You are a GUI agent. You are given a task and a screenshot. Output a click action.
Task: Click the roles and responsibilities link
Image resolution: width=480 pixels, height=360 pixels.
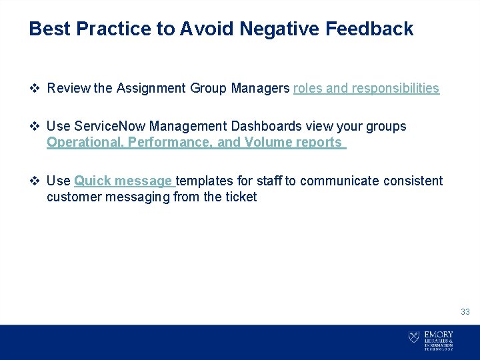pyautogui.click(x=366, y=88)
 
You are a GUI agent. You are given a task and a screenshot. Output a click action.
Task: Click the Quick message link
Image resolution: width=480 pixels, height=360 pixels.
pyautogui.click(x=123, y=181)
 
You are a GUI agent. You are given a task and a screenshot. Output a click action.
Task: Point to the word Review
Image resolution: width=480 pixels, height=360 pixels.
pyautogui.click(x=69, y=88)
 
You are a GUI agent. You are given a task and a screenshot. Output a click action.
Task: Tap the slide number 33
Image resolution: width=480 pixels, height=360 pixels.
pyautogui.click(x=465, y=312)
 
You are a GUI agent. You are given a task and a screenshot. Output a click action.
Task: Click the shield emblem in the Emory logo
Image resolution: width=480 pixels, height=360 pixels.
pyautogui.click(x=413, y=337)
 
